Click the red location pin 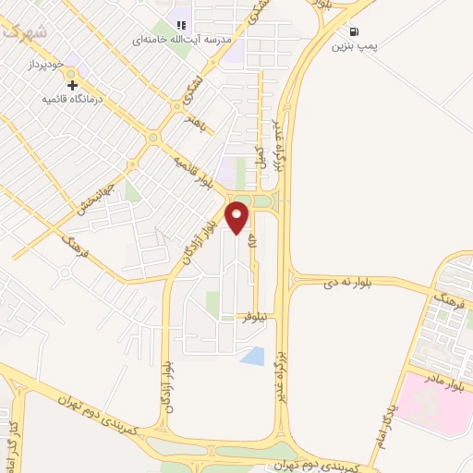(x=238, y=218)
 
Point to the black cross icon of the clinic (x=72, y=85)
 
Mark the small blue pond (x=252, y=355)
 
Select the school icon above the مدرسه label (x=182, y=25)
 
